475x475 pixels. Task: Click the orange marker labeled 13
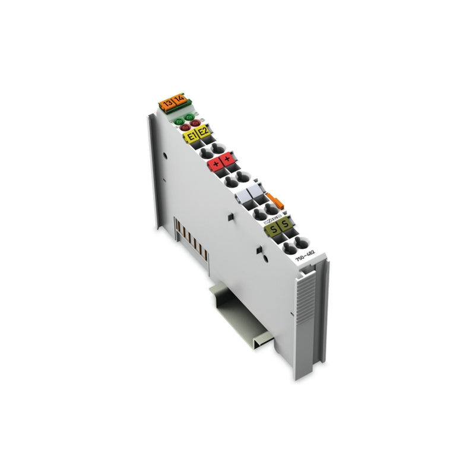(164, 104)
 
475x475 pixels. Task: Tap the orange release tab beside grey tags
(273, 198)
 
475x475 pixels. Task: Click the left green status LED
(178, 118)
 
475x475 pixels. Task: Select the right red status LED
(195, 123)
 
